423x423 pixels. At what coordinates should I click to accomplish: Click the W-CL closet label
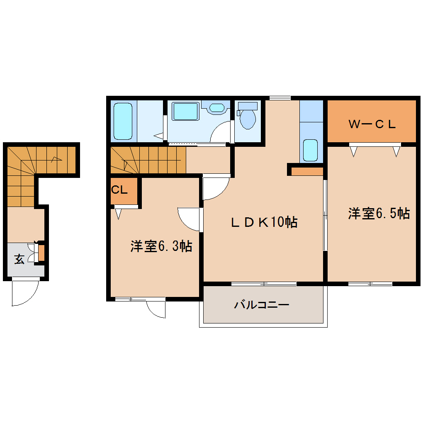(372, 124)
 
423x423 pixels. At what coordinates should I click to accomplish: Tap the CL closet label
(119, 190)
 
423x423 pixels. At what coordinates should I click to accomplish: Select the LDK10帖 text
(264, 222)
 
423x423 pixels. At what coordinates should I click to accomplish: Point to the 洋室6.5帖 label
(379, 214)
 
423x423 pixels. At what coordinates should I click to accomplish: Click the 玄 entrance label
(19, 260)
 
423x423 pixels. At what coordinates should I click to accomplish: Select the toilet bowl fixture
(248, 116)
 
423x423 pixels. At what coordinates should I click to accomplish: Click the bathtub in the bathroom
(123, 121)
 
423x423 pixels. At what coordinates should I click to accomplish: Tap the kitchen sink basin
(311, 150)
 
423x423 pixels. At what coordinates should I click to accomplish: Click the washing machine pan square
(185, 112)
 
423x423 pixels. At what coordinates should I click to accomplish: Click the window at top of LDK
(280, 98)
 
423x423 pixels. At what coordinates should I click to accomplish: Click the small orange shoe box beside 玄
(41, 253)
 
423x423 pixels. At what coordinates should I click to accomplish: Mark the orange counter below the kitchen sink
(307, 171)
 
